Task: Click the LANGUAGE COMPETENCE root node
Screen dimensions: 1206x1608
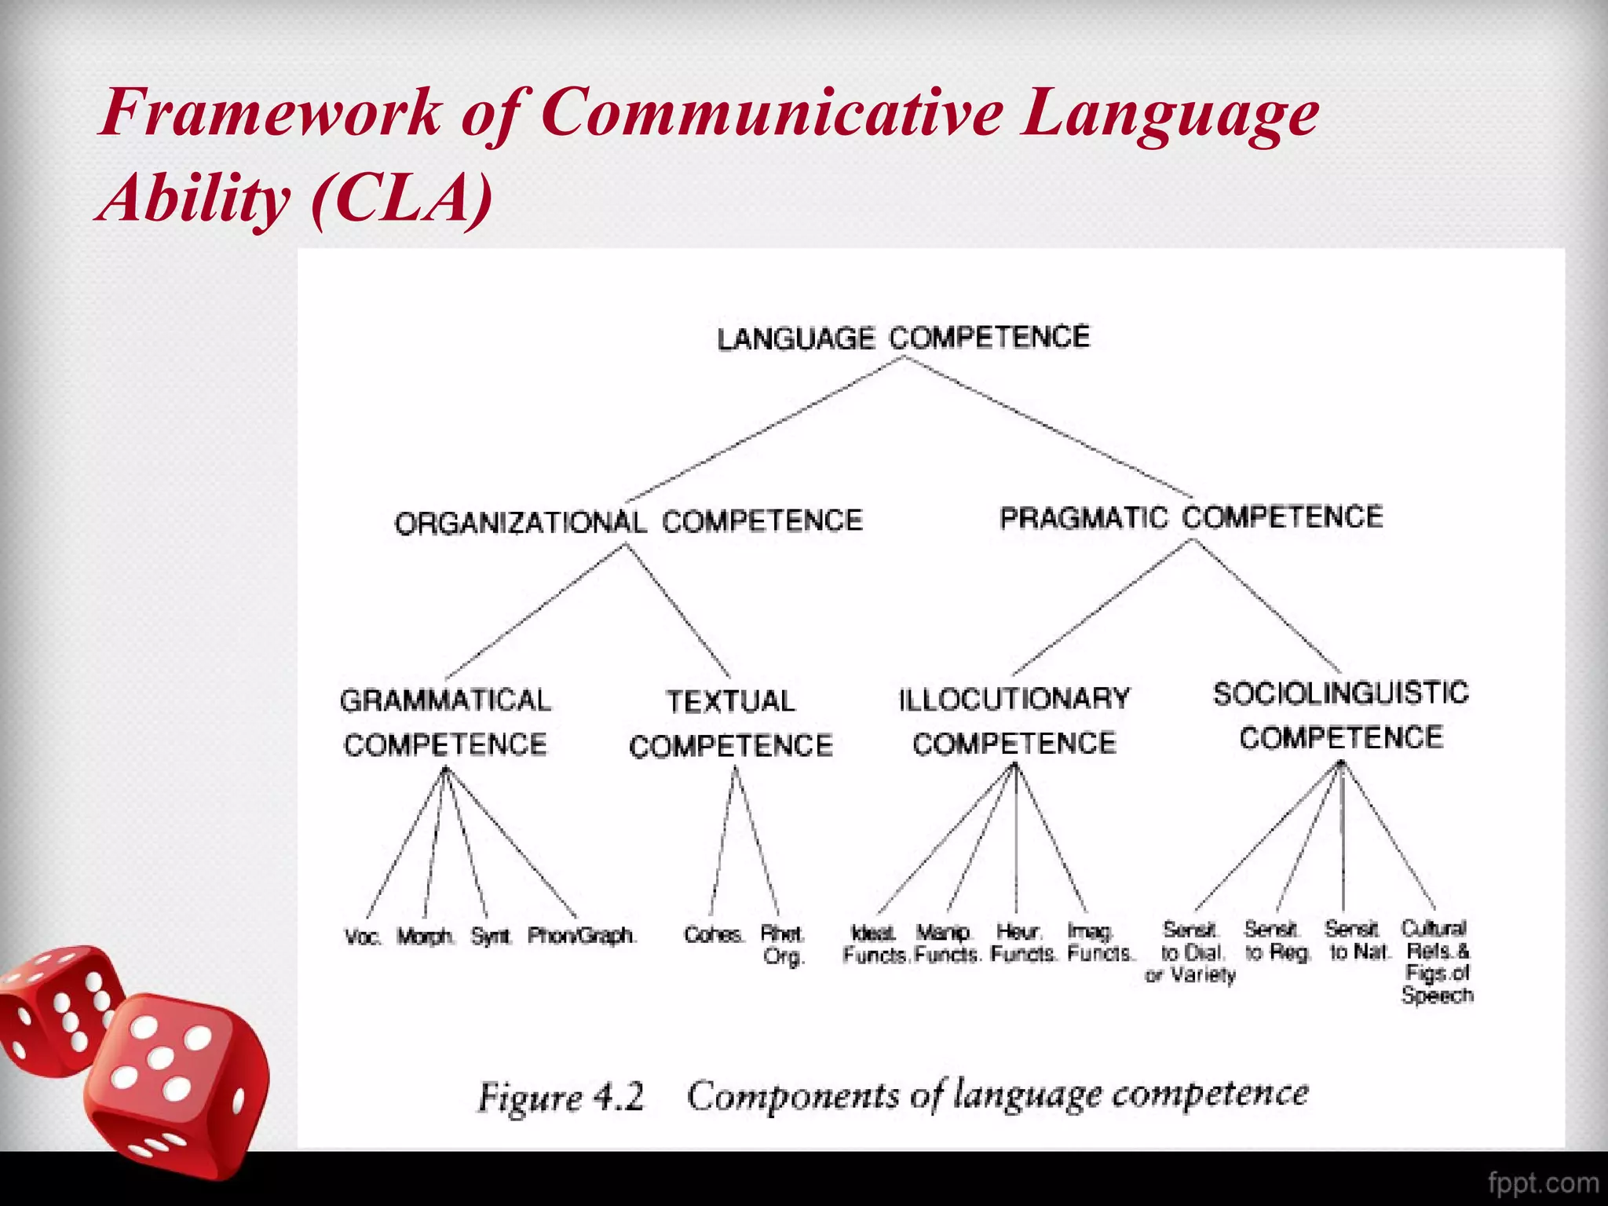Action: tap(903, 338)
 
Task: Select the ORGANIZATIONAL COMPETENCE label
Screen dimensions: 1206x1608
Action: tap(628, 521)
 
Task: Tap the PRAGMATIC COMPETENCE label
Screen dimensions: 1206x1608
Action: tap(1191, 517)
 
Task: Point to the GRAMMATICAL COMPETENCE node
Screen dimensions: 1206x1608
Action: tap(445, 722)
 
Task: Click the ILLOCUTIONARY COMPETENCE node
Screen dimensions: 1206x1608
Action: tap(1014, 721)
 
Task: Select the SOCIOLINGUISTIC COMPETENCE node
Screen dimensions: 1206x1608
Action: tap(1341, 715)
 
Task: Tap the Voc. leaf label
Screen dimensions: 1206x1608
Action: tap(363, 937)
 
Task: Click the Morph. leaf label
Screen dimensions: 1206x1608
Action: tap(425, 937)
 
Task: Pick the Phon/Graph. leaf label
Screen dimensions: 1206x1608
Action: tap(581, 936)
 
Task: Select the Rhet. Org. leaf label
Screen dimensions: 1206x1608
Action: tap(783, 945)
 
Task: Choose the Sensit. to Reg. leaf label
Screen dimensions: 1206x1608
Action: tap(1277, 941)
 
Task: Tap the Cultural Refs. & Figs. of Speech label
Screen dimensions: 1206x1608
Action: tap(1437, 962)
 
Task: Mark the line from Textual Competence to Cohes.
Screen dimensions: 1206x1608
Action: tap(723, 840)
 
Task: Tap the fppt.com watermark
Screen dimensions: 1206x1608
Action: tap(1543, 1182)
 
